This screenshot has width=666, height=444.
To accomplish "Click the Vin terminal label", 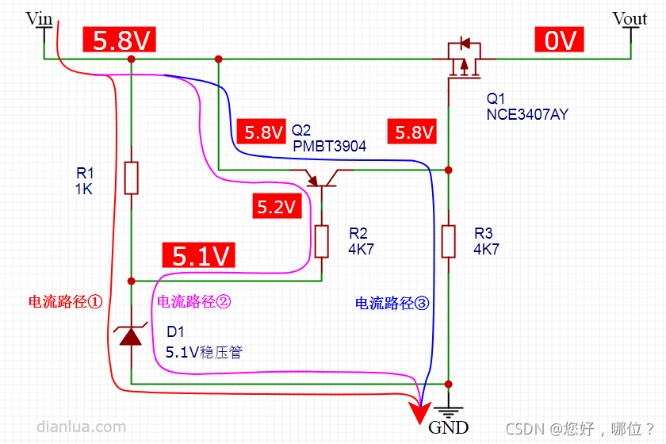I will click(x=40, y=18).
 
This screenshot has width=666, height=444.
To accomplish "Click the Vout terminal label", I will click(x=630, y=18).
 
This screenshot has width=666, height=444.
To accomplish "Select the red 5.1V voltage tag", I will click(x=201, y=255).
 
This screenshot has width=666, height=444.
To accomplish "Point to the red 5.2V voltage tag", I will click(x=276, y=209).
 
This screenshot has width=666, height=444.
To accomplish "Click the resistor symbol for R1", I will click(x=132, y=178).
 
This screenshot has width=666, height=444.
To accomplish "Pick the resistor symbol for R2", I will click(x=321, y=241).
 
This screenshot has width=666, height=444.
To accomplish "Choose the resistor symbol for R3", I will click(x=448, y=241).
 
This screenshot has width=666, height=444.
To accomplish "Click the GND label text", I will click(x=448, y=428).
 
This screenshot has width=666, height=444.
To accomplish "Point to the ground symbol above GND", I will click(x=448, y=411).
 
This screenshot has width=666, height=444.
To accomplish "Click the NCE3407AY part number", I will click(x=527, y=114).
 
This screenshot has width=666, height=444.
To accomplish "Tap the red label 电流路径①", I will click(x=67, y=301).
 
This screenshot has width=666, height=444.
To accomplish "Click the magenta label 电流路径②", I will click(x=194, y=301).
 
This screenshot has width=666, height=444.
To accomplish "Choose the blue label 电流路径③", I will click(x=392, y=303).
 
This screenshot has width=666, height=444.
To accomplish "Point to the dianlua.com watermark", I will click(x=81, y=427).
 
